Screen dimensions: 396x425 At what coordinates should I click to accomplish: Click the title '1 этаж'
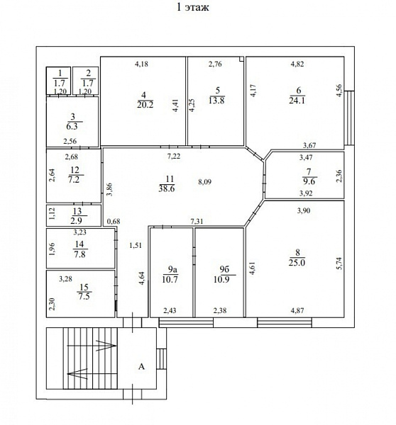[x=193, y=7]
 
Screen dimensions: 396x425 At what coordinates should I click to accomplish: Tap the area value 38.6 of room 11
[x=167, y=188]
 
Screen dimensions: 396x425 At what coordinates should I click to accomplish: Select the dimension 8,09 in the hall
[x=204, y=182]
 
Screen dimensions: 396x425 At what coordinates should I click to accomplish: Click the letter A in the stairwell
[x=141, y=367]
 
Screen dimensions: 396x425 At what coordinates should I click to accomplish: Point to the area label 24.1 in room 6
[x=297, y=101]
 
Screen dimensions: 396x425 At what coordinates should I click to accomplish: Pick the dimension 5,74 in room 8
[x=339, y=263]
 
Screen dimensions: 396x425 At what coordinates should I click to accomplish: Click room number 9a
[x=172, y=269]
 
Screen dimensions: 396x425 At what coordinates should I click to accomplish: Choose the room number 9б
[x=225, y=269]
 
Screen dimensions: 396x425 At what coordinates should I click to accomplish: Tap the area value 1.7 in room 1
[x=60, y=83]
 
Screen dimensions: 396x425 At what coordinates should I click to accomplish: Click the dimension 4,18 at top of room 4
[x=141, y=64]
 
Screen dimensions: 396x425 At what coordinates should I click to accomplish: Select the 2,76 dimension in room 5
[x=215, y=64]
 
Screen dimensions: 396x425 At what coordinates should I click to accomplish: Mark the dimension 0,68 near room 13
[x=114, y=222]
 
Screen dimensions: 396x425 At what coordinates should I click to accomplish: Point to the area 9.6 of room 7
[x=309, y=181]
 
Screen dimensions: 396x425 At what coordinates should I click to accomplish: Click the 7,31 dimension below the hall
[x=197, y=222]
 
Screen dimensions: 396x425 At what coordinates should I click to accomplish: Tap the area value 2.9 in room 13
[x=77, y=220]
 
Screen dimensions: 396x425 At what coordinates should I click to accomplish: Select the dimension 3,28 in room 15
[x=65, y=279]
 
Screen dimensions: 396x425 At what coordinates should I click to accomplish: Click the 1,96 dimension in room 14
[x=53, y=249]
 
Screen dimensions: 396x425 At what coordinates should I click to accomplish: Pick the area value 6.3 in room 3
[x=72, y=127]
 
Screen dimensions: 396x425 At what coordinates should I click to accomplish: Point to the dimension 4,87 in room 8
[x=297, y=311]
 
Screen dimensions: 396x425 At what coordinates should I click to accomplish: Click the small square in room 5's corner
[x=241, y=59]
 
